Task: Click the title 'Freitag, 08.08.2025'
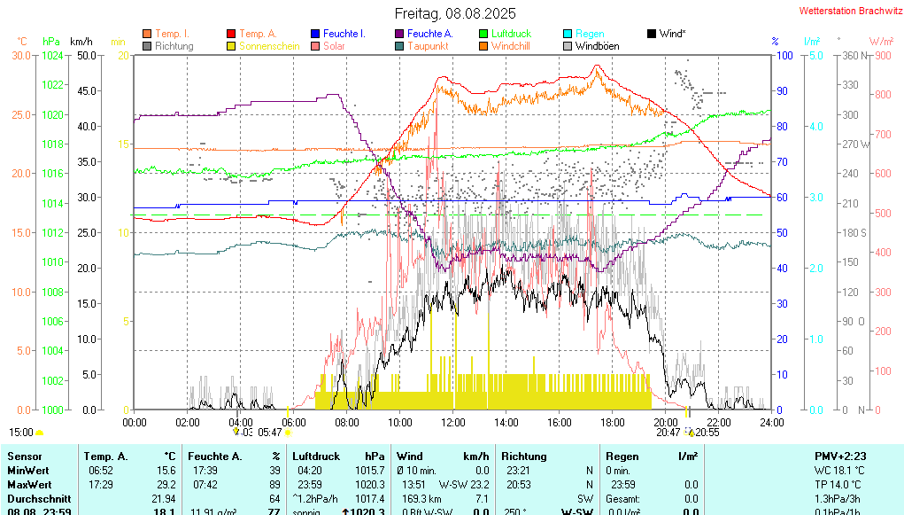pos(455,13)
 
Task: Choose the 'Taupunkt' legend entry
pos(428,46)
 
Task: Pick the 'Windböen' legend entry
pos(597,46)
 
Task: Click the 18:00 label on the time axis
pos(613,422)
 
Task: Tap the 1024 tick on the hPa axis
pos(52,55)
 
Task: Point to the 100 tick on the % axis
pos(783,55)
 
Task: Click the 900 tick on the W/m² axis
pos(882,55)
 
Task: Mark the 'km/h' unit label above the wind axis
pos(81,41)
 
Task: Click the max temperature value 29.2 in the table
pos(166,485)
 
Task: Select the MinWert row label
pos(29,471)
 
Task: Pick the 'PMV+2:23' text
pos(840,456)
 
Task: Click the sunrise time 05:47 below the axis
pos(270,433)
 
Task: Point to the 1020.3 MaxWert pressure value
pos(370,485)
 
